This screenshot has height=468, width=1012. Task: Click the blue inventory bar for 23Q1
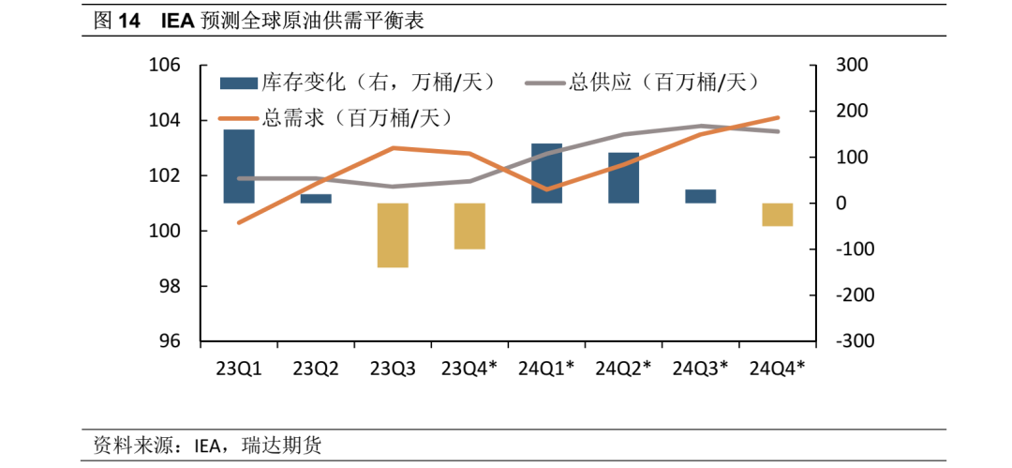tap(239, 166)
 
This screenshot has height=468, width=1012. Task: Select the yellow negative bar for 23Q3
tap(393, 234)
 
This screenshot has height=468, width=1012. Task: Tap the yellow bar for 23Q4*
tap(469, 226)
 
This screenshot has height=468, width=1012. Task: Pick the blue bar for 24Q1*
tap(546, 174)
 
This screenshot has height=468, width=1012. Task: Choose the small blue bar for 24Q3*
tap(700, 196)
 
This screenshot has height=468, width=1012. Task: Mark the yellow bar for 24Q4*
tap(777, 215)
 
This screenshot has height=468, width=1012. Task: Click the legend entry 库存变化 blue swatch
tap(238, 83)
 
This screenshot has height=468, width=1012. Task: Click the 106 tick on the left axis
tap(164, 66)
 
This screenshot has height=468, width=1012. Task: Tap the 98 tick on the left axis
tap(170, 286)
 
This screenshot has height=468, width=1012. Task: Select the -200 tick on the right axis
tap(855, 295)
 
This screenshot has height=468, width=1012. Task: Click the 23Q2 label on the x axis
tap(316, 369)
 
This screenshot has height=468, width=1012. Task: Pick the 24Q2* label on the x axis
tap(623, 369)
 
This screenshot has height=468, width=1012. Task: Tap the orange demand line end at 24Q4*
tap(778, 118)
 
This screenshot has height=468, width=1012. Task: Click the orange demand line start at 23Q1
tap(239, 222)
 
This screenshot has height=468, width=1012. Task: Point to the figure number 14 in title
tap(128, 21)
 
